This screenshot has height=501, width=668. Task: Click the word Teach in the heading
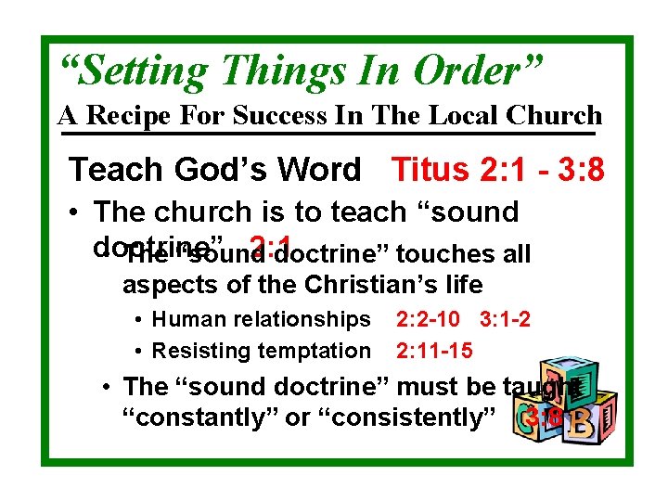(110, 170)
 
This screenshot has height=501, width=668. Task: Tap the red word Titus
(433, 170)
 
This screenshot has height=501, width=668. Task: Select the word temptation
(315, 351)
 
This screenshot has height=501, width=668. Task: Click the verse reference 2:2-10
(428, 319)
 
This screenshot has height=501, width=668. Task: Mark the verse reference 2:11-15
(434, 351)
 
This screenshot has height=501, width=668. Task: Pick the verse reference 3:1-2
(506, 319)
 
